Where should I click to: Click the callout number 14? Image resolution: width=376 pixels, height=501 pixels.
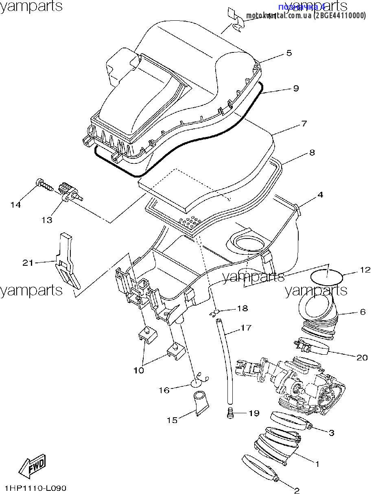click(15, 205)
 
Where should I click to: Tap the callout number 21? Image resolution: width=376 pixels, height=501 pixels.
click(28, 263)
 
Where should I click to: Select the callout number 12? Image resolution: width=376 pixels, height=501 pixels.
click(365, 270)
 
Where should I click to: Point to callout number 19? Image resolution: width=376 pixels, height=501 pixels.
click(254, 413)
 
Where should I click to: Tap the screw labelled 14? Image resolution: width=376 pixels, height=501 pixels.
click(44, 185)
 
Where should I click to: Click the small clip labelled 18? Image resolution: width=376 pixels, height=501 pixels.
click(215, 313)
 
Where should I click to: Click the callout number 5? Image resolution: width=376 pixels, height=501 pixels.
click(289, 53)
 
